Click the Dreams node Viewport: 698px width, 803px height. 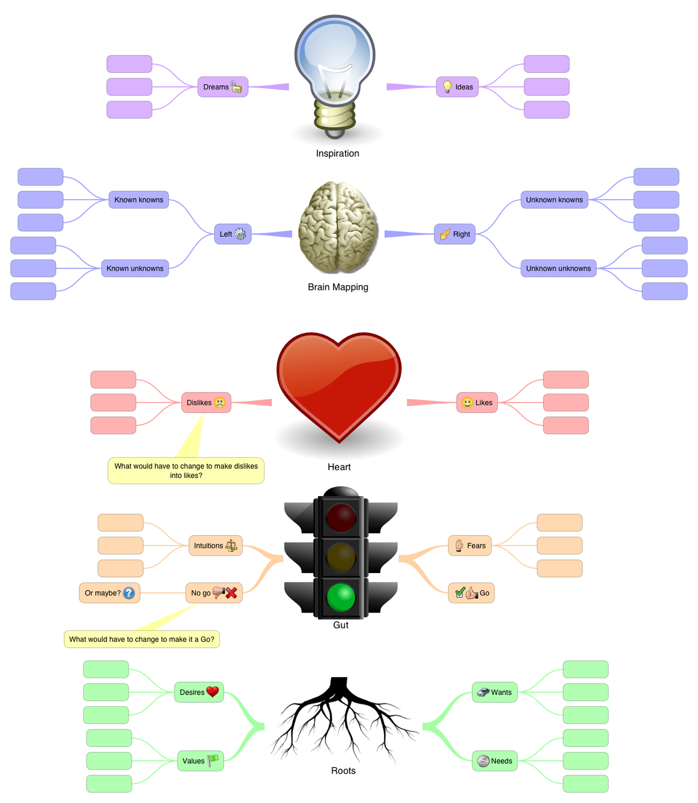[x=222, y=87]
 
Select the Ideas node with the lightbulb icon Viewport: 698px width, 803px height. [x=457, y=87]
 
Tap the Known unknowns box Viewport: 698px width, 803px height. [x=135, y=268]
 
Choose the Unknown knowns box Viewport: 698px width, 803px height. [x=554, y=200]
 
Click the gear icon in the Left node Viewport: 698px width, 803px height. [x=240, y=234]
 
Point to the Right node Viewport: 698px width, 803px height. [x=454, y=234]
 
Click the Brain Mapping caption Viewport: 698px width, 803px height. [x=338, y=287]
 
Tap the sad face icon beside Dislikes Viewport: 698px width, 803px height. [x=220, y=402]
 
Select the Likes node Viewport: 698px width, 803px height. [x=477, y=402]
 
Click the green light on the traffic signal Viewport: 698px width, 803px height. [x=341, y=597]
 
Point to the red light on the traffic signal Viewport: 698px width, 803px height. [x=341, y=517]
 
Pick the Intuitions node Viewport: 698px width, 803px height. [x=215, y=546]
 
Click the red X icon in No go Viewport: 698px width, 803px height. [x=232, y=593]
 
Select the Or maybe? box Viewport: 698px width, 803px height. [x=109, y=593]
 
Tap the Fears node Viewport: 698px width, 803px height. [x=469, y=546]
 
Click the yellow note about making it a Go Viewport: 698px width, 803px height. [x=142, y=639]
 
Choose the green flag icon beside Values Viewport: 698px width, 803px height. [x=213, y=760]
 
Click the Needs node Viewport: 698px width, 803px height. [x=494, y=761]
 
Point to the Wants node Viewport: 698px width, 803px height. [x=494, y=692]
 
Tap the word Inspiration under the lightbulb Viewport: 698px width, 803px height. [x=337, y=153]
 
